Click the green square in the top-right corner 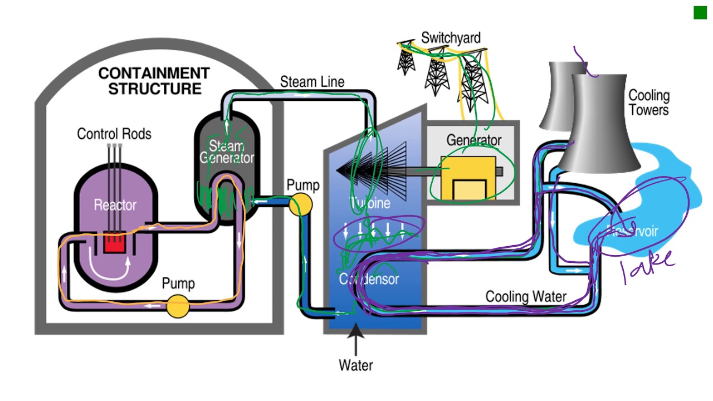[700, 13]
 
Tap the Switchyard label [450, 38]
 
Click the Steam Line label [312, 82]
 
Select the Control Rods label [114, 134]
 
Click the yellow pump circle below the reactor [178, 306]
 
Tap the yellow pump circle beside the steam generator [301, 204]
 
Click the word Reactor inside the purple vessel [115, 205]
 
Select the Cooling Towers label [648, 102]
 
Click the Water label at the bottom [356, 365]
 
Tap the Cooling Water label [525, 296]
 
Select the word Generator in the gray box [473, 140]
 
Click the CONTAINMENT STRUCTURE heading [154, 81]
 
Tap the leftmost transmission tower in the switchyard [406, 58]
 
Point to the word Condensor [369, 278]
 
